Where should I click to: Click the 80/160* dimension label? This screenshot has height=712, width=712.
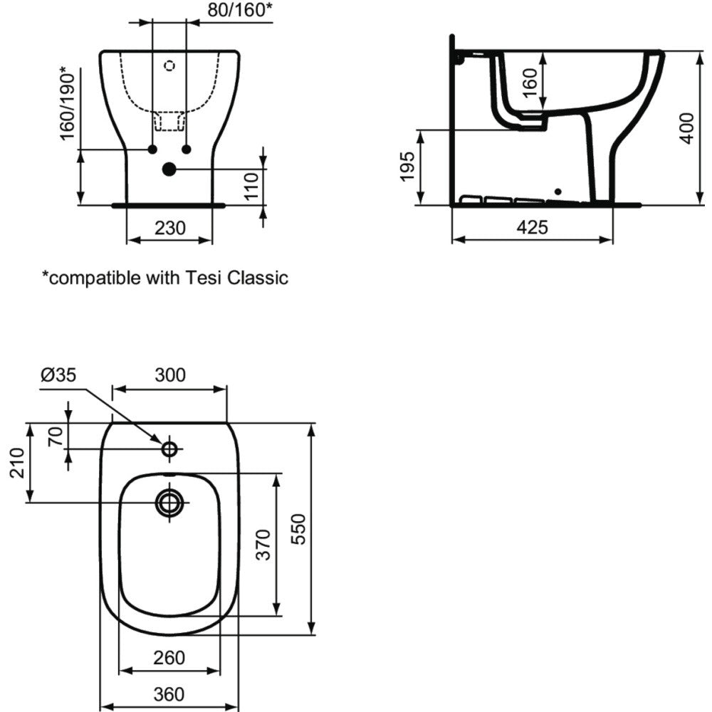[240, 9]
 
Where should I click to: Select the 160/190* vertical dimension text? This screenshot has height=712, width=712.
[67, 103]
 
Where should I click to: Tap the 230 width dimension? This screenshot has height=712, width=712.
[170, 228]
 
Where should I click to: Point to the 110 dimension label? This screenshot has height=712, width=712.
[251, 186]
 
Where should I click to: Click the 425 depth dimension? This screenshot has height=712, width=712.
[532, 227]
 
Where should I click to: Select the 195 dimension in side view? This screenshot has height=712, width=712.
[407, 166]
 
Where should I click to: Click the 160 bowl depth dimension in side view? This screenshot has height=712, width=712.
[530, 83]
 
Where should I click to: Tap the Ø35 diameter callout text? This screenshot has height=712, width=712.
[58, 375]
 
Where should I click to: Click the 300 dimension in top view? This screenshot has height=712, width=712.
[170, 375]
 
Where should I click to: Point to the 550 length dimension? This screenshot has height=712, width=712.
[298, 529]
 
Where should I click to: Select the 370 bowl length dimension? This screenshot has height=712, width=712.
[263, 545]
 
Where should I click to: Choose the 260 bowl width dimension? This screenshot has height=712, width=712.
[169, 657]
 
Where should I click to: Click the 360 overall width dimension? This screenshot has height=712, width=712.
[169, 694]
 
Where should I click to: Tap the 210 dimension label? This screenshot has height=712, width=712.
[17, 463]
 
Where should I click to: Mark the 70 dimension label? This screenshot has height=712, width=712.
[56, 437]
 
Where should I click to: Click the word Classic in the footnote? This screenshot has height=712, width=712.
[258, 278]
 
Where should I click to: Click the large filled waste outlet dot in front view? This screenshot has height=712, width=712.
[169, 169]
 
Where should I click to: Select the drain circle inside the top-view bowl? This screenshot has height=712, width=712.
[170, 503]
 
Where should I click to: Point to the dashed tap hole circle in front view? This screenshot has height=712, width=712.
[170, 66]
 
